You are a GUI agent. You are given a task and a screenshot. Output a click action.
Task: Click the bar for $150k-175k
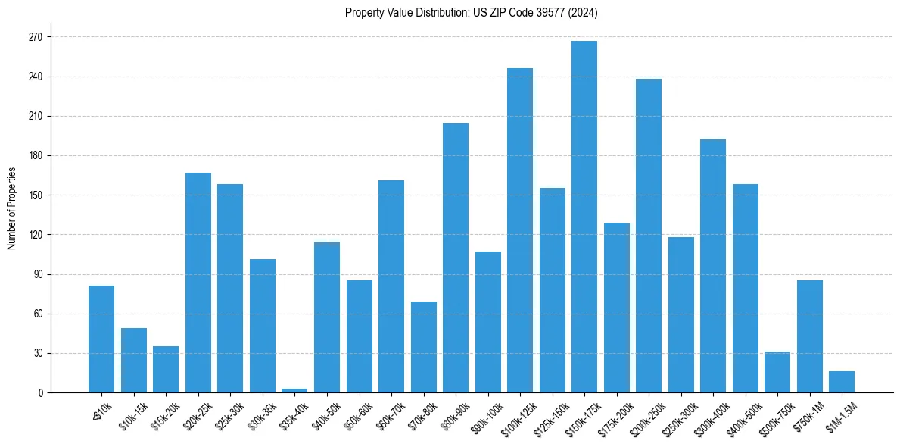click(584, 217)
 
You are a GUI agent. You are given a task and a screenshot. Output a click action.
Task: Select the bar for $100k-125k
click(520, 230)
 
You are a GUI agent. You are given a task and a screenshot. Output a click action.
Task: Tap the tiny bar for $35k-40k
click(294, 390)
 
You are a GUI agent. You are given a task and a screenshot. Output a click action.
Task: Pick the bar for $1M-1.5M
click(842, 382)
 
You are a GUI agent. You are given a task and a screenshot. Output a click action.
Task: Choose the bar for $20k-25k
click(198, 283)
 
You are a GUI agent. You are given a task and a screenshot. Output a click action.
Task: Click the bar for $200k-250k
click(649, 236)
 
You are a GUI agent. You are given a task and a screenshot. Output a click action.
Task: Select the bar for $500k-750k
click(777, 372)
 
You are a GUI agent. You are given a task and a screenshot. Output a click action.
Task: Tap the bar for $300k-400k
click(713, 266)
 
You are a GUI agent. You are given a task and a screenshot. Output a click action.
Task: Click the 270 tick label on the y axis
click(35, 37)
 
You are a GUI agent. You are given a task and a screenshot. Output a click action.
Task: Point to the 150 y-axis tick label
click(35, 195)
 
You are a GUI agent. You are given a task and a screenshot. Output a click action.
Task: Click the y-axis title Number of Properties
click(12, 208)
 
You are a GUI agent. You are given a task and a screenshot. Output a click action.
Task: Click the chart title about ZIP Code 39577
click(472, 13)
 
